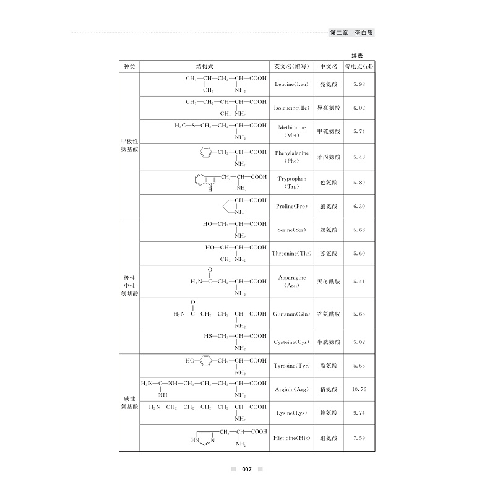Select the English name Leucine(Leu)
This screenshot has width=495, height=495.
click(x=291, y=84)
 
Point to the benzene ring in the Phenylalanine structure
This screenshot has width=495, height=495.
click(x=206, y=152)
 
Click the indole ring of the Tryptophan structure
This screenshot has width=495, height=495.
click(x=204, y=181)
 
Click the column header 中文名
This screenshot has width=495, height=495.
click(x=329, y=66)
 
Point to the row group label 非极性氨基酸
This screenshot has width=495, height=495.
click(x=129, y=146)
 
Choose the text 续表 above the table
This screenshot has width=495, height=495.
click(x=358, y=54)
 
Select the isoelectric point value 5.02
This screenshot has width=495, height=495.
click(x=358, y=341)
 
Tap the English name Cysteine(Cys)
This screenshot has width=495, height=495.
click(x=291, y=342)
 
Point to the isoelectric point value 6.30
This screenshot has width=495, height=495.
click(x=358, y=206)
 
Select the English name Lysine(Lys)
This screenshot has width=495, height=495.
click(x=291, y=413)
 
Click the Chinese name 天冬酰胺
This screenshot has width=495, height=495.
click(x=329, y=282)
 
